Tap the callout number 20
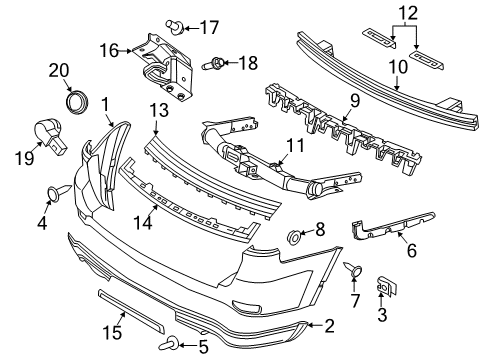(x=62, y=69)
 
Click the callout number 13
(x=157, y=108)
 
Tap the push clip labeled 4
(x=54, y=193)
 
